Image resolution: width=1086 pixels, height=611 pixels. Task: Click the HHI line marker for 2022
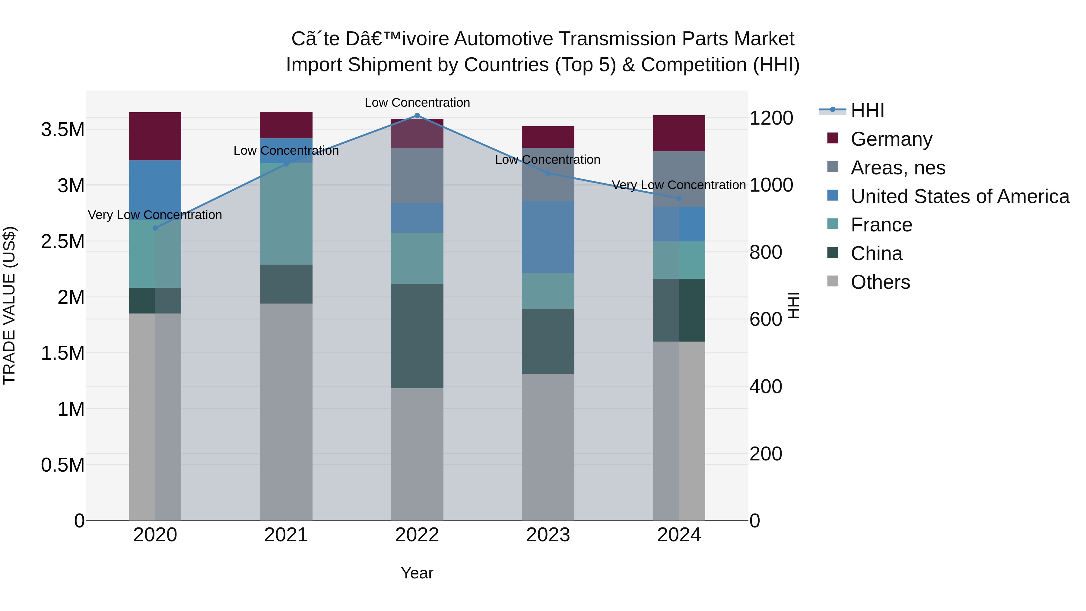tap(417, 116)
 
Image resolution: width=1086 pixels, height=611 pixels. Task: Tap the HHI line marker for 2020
tap(155, 228)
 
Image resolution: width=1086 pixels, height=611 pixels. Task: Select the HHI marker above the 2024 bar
tap(679, 198)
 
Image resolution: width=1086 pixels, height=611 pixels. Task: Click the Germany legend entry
tap(891, 139)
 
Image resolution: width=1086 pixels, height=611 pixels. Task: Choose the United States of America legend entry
tap(960, 196)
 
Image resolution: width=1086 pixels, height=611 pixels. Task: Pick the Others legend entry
tap(880, 282)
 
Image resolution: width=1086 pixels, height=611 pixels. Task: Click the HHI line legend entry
tap(867, 110)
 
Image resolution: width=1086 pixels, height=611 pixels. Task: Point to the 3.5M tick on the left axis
tap(62, 129)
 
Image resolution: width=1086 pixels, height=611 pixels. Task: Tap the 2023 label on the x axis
tap(548, 535)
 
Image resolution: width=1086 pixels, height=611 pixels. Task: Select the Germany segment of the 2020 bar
tap(155, 136)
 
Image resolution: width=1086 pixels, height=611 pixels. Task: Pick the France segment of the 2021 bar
tap(286, 214)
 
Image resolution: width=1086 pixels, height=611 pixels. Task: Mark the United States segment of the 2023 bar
tap(548, 237)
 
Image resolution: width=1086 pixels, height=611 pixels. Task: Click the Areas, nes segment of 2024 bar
tap(679, 179)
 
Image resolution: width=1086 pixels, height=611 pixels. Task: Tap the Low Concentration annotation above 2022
tap(417, 103)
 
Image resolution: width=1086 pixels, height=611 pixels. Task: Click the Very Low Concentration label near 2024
tap(678, 185)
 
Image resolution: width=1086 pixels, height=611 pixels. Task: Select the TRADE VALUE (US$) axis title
tap(10, 305)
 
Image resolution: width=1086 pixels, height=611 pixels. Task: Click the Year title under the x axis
tap(417, 573)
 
